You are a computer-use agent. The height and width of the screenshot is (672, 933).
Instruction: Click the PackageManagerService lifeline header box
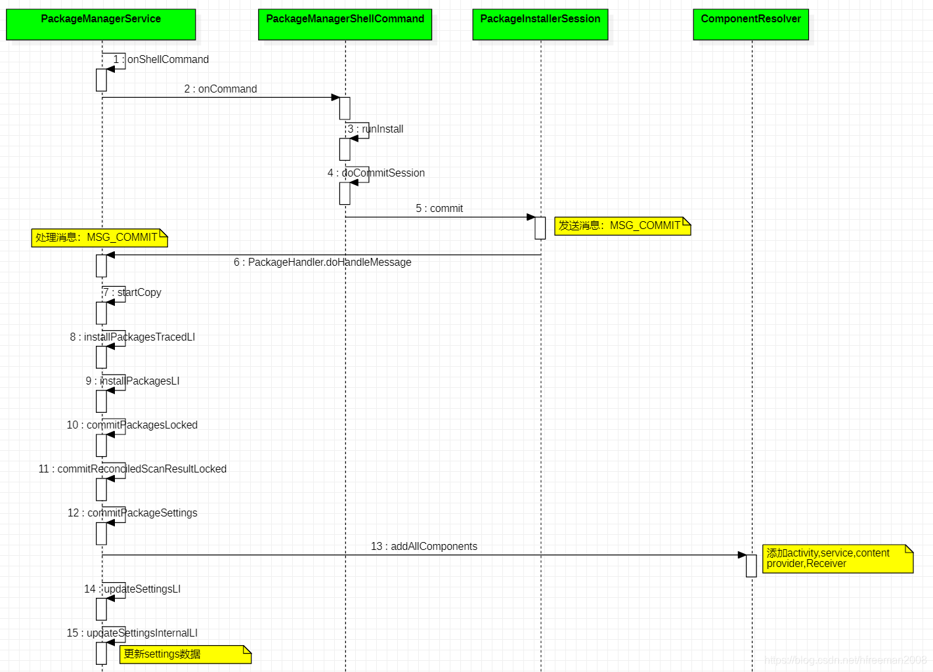[x=101, y=24]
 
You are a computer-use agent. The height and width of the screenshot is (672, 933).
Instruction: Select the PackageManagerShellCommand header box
[x=345, y=24]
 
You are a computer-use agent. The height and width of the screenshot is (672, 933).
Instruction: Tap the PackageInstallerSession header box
[x=540, y=24]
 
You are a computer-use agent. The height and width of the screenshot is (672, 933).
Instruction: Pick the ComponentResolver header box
[x=750, y=24]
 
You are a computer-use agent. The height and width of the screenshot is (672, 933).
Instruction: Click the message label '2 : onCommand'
[x=221, y=89]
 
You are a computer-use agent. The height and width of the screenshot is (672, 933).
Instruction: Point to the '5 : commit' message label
[x=439, y=209]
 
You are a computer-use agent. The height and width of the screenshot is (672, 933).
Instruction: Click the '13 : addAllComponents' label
[x=424, y=547]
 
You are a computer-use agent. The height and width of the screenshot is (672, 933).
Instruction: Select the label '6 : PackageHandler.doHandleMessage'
[x=322, y=262]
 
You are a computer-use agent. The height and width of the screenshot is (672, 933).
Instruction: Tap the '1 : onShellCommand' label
[x=162, y=60]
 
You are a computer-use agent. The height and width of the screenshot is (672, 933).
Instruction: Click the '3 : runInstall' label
[x=376, y=129]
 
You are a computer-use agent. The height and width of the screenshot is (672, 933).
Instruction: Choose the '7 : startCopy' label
[x=132, y=293]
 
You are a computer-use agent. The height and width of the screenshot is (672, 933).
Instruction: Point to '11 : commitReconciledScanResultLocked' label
[x=133, y=469]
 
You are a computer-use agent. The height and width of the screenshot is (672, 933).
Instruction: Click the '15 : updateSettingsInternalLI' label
[x=132, y=633]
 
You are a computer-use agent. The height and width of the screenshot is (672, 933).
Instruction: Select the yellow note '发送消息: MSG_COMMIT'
[x=622, y=226]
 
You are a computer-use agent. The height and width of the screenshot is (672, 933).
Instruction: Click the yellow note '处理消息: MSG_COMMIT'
[x=99, y=238]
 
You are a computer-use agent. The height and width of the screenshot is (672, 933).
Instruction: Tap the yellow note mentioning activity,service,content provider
[x=837, y=558]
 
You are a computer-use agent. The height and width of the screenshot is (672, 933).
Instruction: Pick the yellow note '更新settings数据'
[x=185, y=654]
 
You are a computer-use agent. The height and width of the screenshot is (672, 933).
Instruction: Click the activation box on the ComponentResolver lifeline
[x=751, y=566]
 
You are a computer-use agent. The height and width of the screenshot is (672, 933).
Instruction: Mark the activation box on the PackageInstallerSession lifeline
[x=540, y=228]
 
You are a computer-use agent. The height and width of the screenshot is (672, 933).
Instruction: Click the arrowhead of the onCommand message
[x=336, y=98]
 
